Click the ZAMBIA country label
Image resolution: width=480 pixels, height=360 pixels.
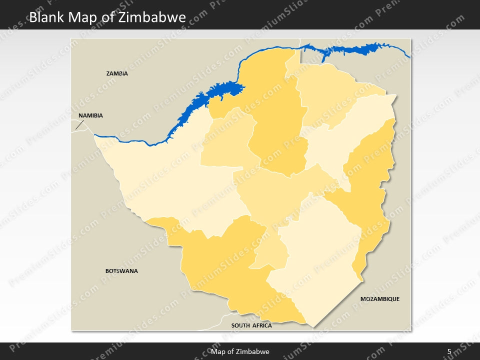click(x=117, y=73)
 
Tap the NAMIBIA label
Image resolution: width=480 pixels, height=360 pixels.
click(x=90, y=115)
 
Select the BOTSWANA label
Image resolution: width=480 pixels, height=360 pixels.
click(x=121, y=271)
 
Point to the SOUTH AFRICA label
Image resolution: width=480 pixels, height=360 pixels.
click(x=251, y=325)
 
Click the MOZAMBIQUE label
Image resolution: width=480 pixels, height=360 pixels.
click(x=380, y=299)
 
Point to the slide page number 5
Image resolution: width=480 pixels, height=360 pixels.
click(x=449, y=351)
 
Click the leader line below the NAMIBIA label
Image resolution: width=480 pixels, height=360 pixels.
click(x=78, y=124)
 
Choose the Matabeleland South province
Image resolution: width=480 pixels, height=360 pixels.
click(x=225, y=265)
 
